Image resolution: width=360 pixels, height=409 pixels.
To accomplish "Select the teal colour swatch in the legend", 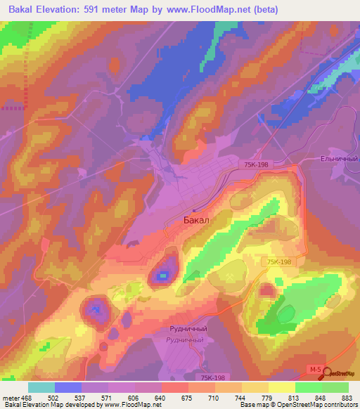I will tap(41, 387).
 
